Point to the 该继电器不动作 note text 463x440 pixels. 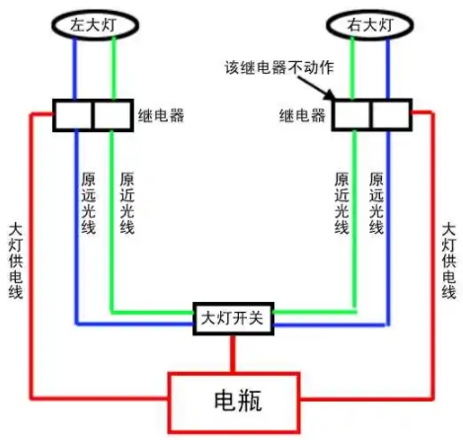click(x=279, y=67)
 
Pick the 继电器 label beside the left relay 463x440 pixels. click(x=161, y=115)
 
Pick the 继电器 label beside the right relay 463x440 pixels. click(x=302, y=115)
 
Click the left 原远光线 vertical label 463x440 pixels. click(x=88, y=203)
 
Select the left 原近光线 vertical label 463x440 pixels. click(x=127, y=203)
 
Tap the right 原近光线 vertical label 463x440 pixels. click(x=342, y=203)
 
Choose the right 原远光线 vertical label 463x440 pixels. click(x=376, y=203)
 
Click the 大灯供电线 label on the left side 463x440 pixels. click(x=16, y=261)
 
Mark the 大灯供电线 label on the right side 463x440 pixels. click(x=448, y=260)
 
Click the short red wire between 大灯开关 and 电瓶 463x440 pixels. click(x=233, y=354)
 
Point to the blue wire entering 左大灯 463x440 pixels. click(x=75, y=68)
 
